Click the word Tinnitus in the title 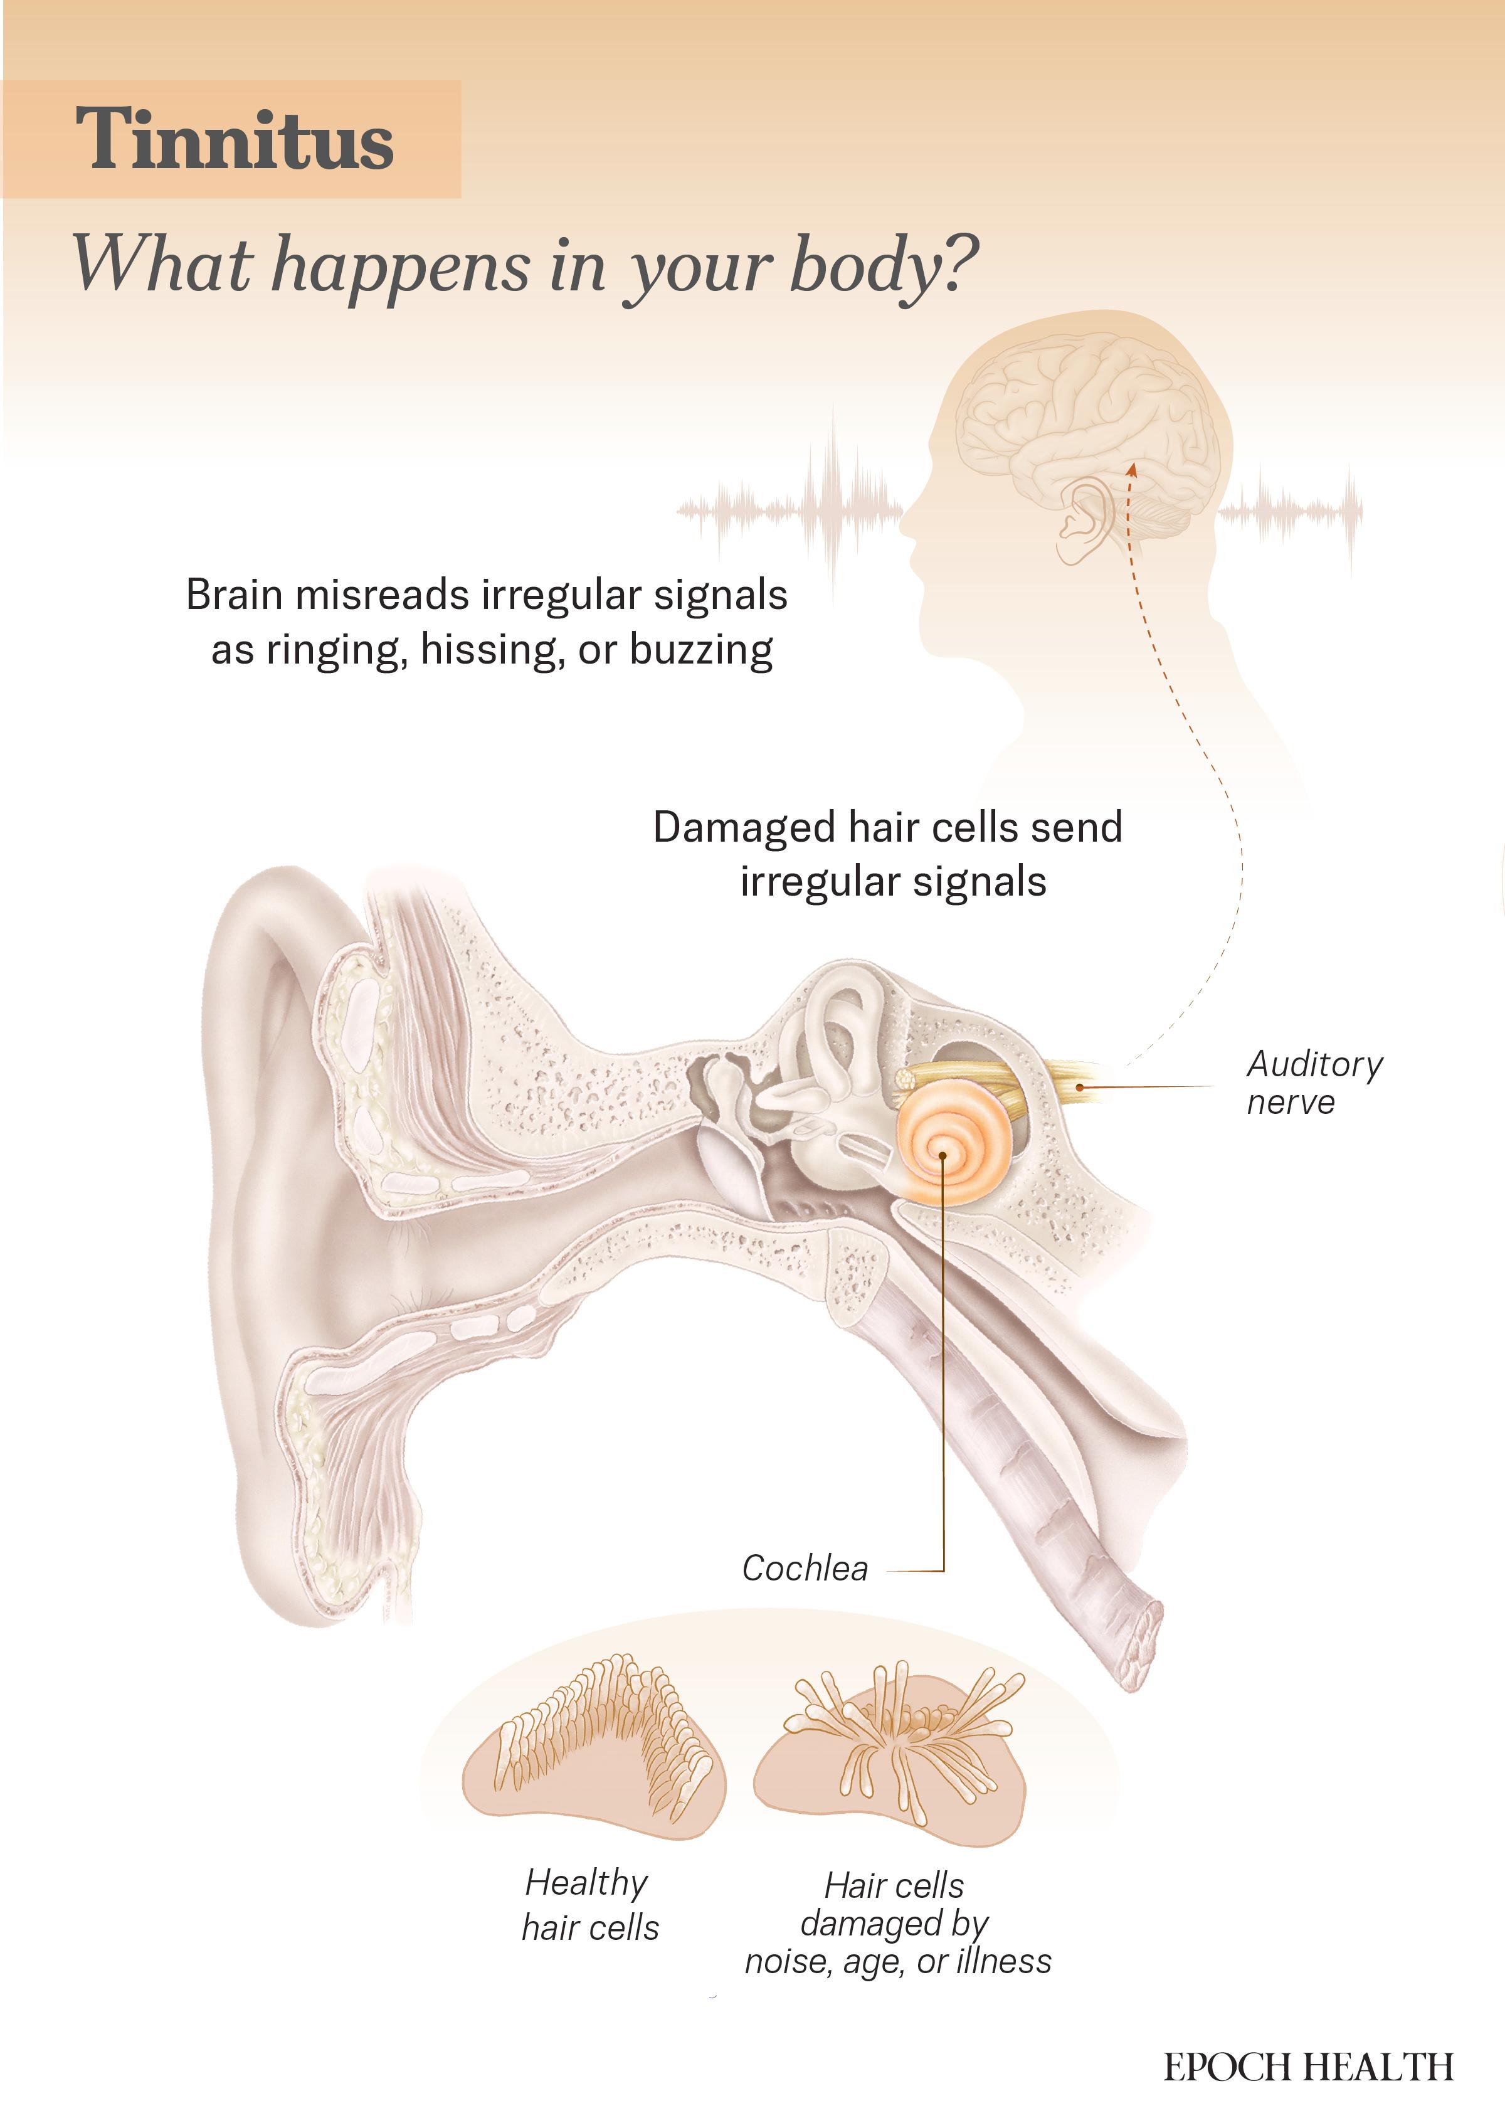[x=235, y=139]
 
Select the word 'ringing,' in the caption [x=337, y=650]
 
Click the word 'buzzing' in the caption [x=702, y=650]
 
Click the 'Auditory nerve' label [x=1314, y=1083]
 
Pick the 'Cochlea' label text [x=805, y=1569]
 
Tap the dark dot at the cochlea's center [x=943, y=1155]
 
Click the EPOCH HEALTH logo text [x=1309, y=2067]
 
